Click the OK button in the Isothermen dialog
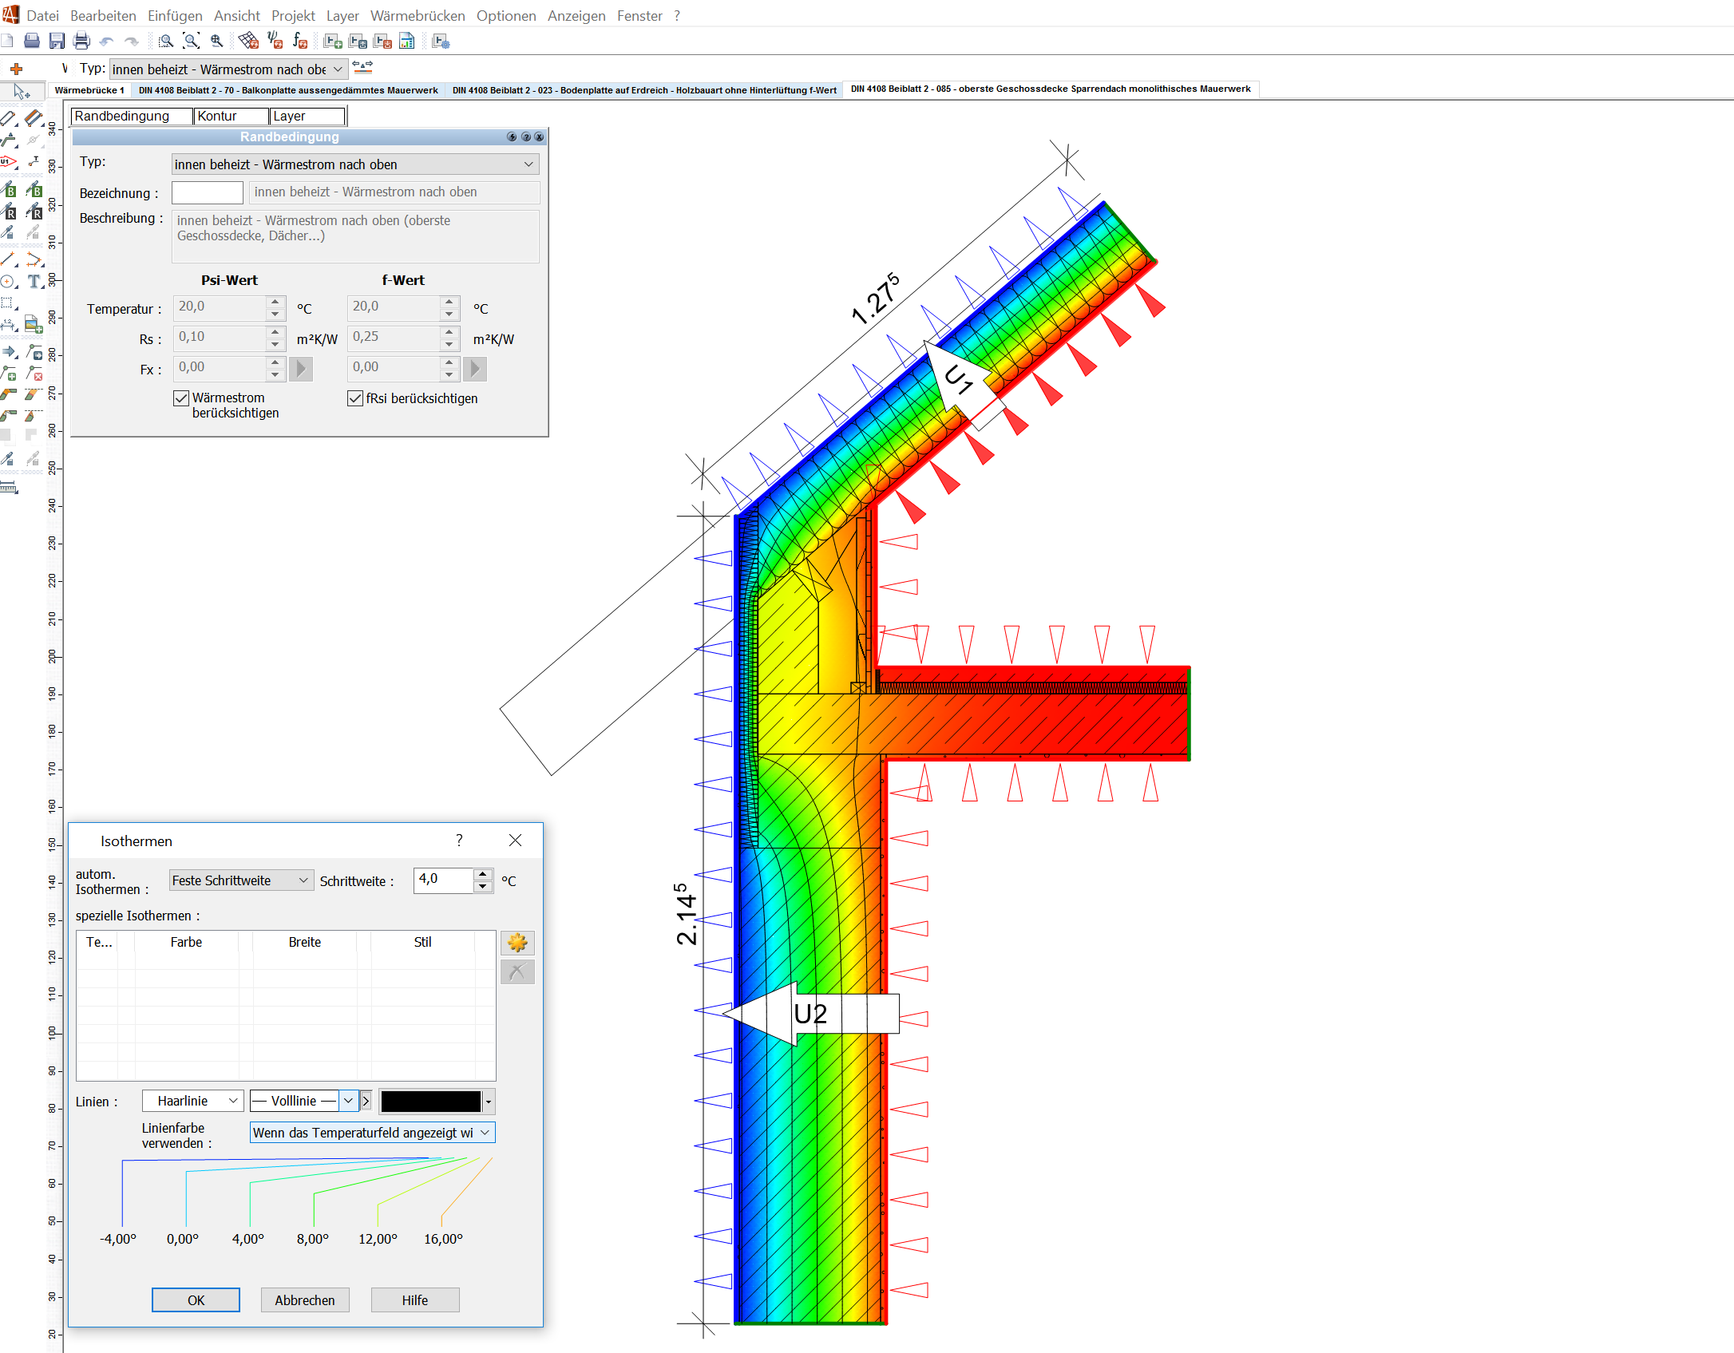pos(196,1300)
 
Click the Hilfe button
pos(414,1300)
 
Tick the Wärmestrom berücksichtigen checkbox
pos(182,398)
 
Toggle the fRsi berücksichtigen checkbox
pos(356,398)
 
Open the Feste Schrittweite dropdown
pos(240,880)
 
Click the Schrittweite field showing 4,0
pos(444,880)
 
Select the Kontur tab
pos(230,117)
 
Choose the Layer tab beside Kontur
pos(306,117)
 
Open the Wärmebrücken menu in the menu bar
pos(418,16)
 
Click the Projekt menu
pos(293,16)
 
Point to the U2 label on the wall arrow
pos(810,1014)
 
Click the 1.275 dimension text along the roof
pos(876,299)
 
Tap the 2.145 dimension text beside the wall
pos(687,914)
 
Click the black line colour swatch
pos(431,1102)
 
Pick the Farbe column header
pos(186,942)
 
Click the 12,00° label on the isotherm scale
pos(378,1239)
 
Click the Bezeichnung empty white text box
pos(208,192)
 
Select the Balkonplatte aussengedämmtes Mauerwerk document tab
pos(288,90)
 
